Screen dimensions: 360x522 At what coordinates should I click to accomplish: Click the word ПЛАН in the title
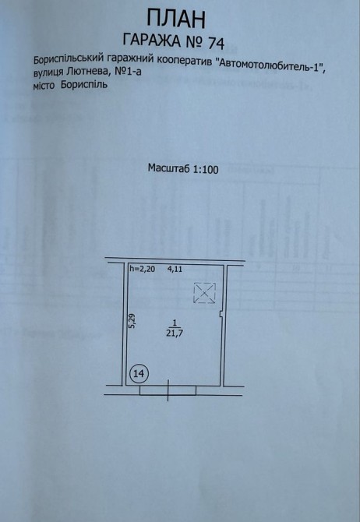[176, 19]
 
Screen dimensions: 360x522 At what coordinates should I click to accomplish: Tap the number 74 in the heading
[216, 43]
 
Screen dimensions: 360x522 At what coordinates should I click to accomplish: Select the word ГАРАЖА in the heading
[151, 41]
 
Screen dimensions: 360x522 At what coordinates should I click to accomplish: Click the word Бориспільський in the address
[69, 60]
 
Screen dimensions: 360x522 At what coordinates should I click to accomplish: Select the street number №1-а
[129, 72]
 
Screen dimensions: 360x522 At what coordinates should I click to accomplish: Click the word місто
[44, 85]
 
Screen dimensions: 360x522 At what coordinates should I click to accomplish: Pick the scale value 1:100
[206, 170]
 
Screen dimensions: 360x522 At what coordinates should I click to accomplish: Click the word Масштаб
[169, 168]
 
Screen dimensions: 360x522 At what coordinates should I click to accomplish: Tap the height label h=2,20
[142, 269]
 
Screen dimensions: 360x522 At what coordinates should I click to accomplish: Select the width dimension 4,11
[175, 269]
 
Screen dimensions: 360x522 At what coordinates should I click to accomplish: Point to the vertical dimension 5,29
[132, 322]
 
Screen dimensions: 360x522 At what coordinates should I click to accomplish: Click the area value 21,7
[175, 333]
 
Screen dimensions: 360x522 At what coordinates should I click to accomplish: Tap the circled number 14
[139, 373]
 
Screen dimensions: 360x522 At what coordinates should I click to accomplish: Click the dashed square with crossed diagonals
[204, 293]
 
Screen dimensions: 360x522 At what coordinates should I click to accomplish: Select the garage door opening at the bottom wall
[168, 390]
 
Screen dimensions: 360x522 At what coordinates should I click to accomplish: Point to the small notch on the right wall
[221, 315]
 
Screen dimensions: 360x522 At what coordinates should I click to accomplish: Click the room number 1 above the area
[175, 323]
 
